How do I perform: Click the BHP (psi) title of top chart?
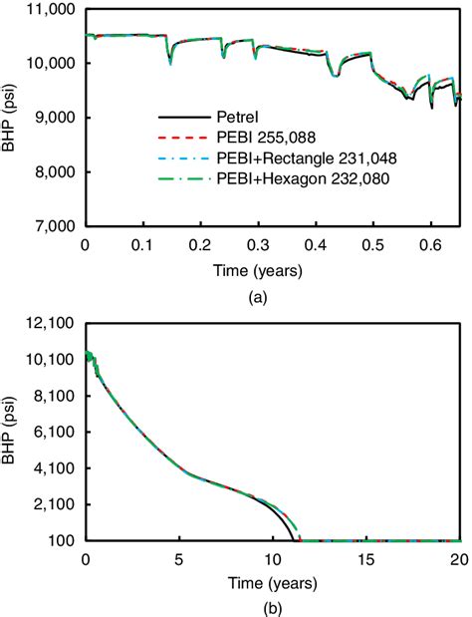coord(14,118)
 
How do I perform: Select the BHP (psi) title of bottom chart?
coord(14,432)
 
